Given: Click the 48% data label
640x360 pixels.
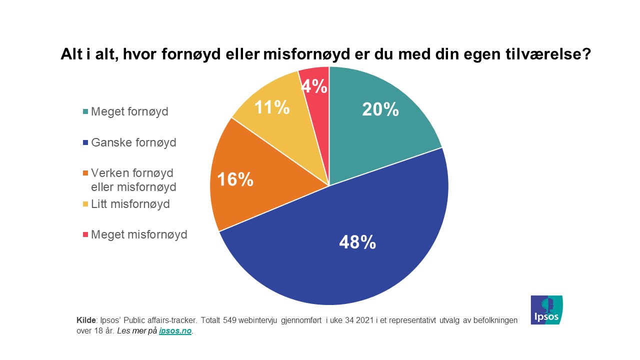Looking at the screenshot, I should tap(357, 242).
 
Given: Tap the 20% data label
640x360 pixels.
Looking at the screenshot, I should tap(380, 109).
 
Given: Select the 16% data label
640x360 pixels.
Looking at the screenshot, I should tap(235, 179).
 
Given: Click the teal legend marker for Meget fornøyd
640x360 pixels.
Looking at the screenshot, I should tap(86, 112).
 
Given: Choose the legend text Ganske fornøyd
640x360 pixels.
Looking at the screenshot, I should tap(133, 142).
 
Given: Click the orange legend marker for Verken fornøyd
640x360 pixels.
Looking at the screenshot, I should tap(86, 173).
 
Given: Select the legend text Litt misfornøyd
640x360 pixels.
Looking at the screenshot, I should tap(130, 204).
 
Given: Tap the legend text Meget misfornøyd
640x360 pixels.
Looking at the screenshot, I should tap(139, 234).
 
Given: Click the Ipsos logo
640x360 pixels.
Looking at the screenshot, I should tap(546, 310).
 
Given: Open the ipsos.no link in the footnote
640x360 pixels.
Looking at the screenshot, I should tap(175, 331).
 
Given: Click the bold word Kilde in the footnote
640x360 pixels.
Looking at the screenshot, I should tap(85, 320).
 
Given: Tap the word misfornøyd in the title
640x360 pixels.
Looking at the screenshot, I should tap(302, 53).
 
